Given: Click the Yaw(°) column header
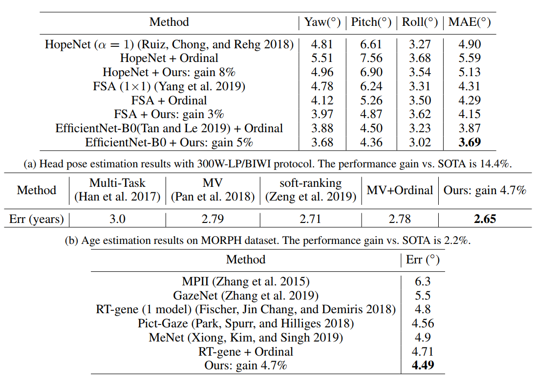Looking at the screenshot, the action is click(322, 22).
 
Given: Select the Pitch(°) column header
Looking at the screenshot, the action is click(371, 22).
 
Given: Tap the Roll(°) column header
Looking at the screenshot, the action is click(420, 22).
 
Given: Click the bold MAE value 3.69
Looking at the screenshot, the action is click(470, 142).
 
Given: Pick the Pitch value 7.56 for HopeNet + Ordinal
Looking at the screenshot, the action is click(371, 58).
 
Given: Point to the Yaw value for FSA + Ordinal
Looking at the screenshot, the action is click(322, 101).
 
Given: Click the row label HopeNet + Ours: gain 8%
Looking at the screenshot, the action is click(169, 72).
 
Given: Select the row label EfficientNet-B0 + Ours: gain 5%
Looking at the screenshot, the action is click(169, 142).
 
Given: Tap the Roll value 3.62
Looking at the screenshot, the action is click(420, 114).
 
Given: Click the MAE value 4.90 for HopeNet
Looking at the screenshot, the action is click(470, 44).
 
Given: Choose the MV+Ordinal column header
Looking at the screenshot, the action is click(400, 190).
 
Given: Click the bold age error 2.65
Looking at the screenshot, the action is click(485, 219).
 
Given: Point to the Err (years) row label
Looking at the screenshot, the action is click(37, 219).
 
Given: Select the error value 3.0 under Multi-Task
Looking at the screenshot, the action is click(117, 219).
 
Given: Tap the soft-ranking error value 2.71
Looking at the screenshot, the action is click(310, 219).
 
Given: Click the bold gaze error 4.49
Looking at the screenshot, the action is click(423, 365).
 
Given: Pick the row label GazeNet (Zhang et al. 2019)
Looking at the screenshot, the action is click(246, 296).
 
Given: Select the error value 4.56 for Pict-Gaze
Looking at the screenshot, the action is click(423, 323).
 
